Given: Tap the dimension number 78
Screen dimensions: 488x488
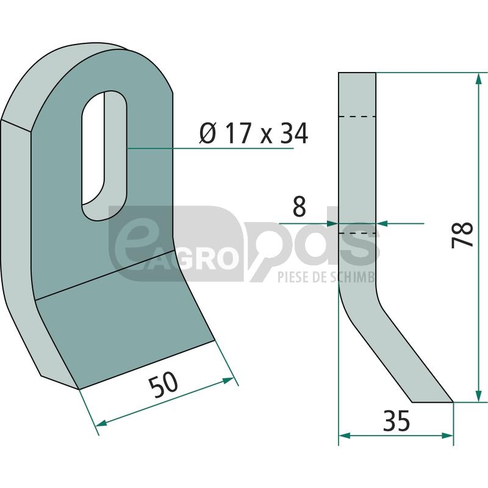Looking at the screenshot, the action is (462, 235).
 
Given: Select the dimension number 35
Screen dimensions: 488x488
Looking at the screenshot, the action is (396, 420).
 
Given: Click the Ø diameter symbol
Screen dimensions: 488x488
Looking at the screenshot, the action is (207, 134).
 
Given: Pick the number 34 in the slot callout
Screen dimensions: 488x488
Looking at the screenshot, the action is (294, 134).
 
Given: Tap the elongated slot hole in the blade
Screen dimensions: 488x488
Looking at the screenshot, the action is (104, 156).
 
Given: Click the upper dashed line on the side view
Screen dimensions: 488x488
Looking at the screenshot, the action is (357, 117).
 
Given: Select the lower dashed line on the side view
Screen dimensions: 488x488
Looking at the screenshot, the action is (357, 233).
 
